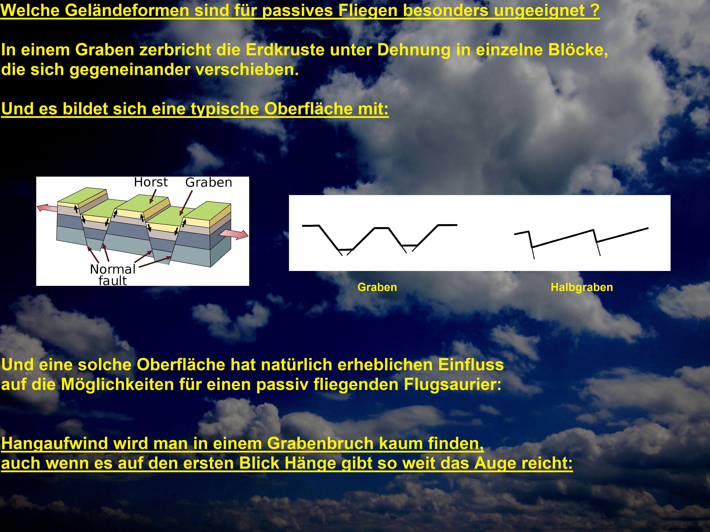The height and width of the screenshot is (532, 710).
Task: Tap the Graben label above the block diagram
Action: click(209, 182)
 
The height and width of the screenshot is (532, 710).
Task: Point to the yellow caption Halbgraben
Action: click(582, 287)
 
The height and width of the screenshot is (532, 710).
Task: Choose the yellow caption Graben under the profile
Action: click(377, 287)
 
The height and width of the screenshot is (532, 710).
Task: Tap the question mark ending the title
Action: click(595, 10)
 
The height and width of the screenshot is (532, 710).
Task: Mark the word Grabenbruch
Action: click(320, 444)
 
